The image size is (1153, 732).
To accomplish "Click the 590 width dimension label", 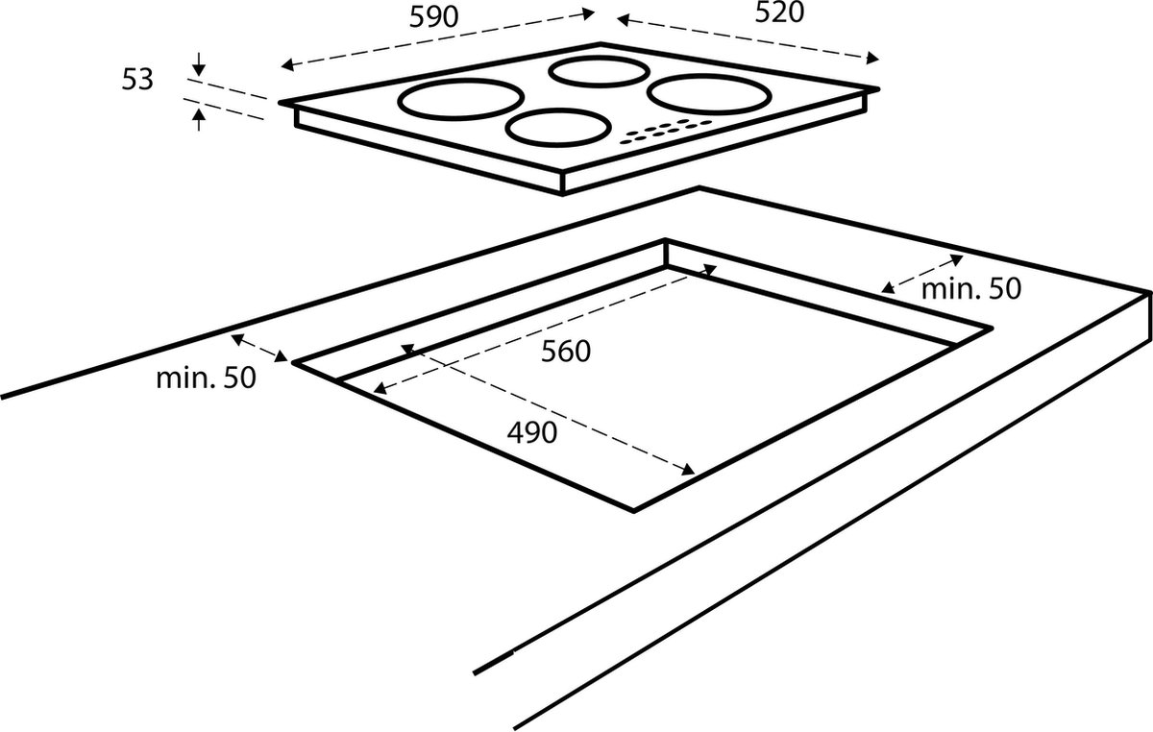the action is point(433,17).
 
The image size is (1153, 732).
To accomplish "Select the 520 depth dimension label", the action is point(779,12).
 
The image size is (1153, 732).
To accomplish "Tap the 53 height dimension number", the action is point(137,80).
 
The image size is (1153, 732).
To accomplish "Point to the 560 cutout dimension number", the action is point(566,352).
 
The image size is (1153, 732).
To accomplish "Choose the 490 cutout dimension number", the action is point(532,432).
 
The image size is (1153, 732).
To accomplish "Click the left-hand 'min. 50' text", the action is point(206,378).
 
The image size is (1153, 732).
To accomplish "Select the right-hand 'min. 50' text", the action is point(971,289).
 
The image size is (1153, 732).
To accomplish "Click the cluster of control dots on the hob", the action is point(666,132).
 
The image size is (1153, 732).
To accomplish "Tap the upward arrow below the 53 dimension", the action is point(199,119).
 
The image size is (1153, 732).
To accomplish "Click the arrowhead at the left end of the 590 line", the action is point(287,65).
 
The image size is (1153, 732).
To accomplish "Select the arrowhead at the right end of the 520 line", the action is point(872,59).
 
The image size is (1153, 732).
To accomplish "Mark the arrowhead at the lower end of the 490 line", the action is point(688,470).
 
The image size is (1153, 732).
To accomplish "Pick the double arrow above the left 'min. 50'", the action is point(259,348).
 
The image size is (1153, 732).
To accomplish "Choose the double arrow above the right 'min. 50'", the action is point(921,274).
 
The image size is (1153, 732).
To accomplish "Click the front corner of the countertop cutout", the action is point(633,511).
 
